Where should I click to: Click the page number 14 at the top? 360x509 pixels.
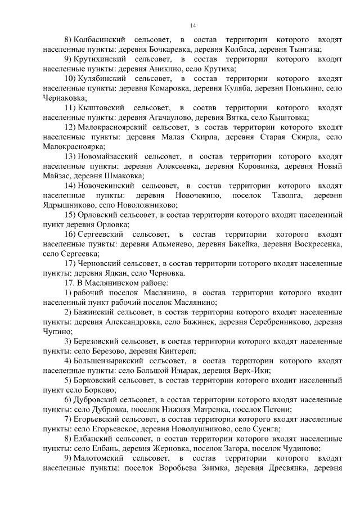click(x=192, y=25)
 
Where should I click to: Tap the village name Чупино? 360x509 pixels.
click(x=55, y=332)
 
